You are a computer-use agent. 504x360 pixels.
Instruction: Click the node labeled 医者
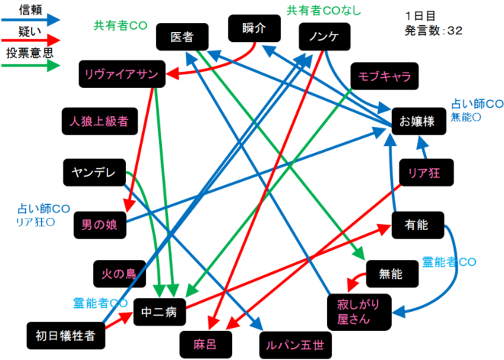coord(182,36)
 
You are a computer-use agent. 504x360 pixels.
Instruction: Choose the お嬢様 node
coord(418,121)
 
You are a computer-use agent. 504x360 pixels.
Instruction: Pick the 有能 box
coord(418,223)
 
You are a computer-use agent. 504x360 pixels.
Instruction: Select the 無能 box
coord(391,273)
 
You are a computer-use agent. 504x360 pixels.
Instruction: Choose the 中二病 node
coord(160,311)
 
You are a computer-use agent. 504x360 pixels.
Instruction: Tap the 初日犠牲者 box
coord(65,335)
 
